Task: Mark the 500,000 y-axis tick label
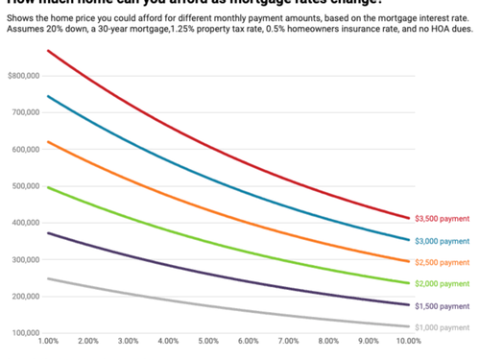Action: (x=22, y=185)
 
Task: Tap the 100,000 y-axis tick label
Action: (x=22, y=333)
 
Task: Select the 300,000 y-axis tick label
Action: (x=22, y=259)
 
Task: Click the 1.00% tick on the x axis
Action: (x=48, y=341)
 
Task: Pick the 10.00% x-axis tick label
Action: (x=408, y=341)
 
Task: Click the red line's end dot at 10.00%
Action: (x=408, y=218)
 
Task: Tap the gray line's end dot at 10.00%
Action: (x=408, y=326)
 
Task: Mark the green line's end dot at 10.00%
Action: (x=408, y=283)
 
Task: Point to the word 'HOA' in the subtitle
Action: (x=419, y=30)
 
